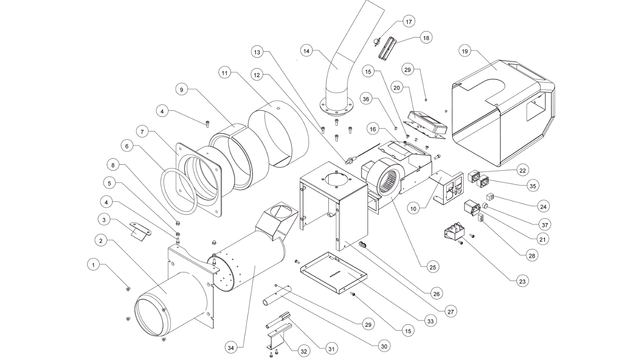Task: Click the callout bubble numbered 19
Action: [x=465, y=51]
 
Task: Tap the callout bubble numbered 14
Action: [x=306, y=51]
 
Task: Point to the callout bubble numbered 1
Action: [x=93, y=265]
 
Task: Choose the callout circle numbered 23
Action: [x=522, y=282]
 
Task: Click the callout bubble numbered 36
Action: [x=366, y=99]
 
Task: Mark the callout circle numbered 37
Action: [x=545, y=225]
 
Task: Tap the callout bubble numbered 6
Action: [x=127, y=146]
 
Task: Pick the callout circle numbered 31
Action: [x=331, y=349]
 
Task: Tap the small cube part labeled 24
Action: [x=490, y=197]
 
